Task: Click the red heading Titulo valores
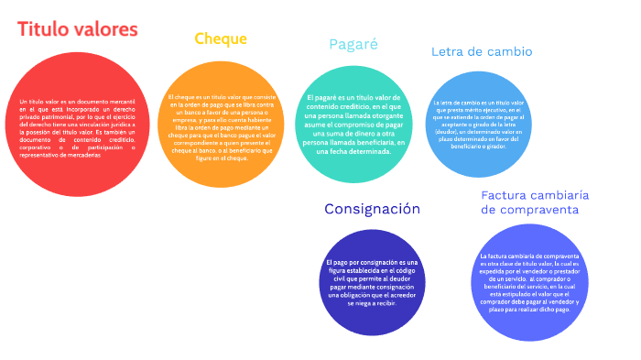77,29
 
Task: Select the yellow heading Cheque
221,38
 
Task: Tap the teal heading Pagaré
353,44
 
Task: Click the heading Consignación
372,209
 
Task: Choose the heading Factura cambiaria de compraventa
534,202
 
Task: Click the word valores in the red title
107,29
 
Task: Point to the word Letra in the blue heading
449,51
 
